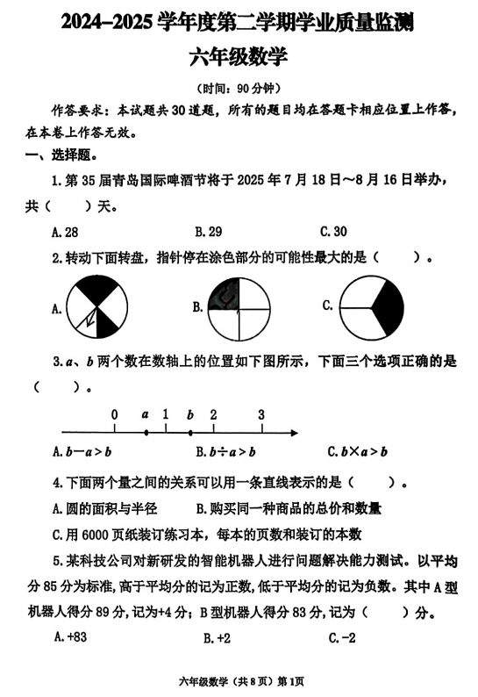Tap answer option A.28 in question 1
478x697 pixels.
pyautogui.click(x=65, y=232)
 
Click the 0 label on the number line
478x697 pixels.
pyautogui.click(x=114, y=414)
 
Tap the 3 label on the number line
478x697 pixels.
pyautogui.click(x=260, y=414)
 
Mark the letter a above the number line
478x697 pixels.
pyautogui.click(x=145, y=414)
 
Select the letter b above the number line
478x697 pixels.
pyautogui.click(x=189, y=414)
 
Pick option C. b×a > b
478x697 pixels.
pyautogui.click(x=357, y=452)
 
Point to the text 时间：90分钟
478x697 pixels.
pyautogui.click(x=239, y=89)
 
